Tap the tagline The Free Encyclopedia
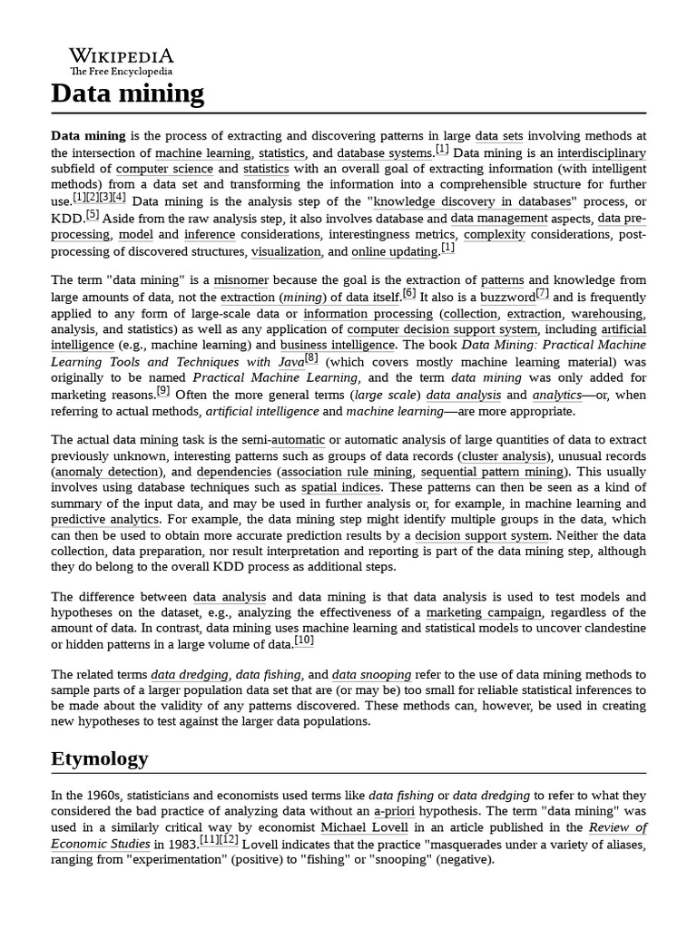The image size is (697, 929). coord(122,72)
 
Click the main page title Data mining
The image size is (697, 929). coord(128,93)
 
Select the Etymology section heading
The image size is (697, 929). coord(100,758)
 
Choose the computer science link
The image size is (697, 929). coord(164,169)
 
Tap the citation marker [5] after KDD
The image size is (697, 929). coord(92,215)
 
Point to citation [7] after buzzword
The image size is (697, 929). coord(542,293)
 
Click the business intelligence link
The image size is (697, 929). coord(338,346)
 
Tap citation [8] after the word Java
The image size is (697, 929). coord(311,358)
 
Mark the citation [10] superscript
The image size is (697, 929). coord(304,641)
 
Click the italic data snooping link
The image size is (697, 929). coord(371,675)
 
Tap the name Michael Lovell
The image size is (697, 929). coord(362,827)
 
